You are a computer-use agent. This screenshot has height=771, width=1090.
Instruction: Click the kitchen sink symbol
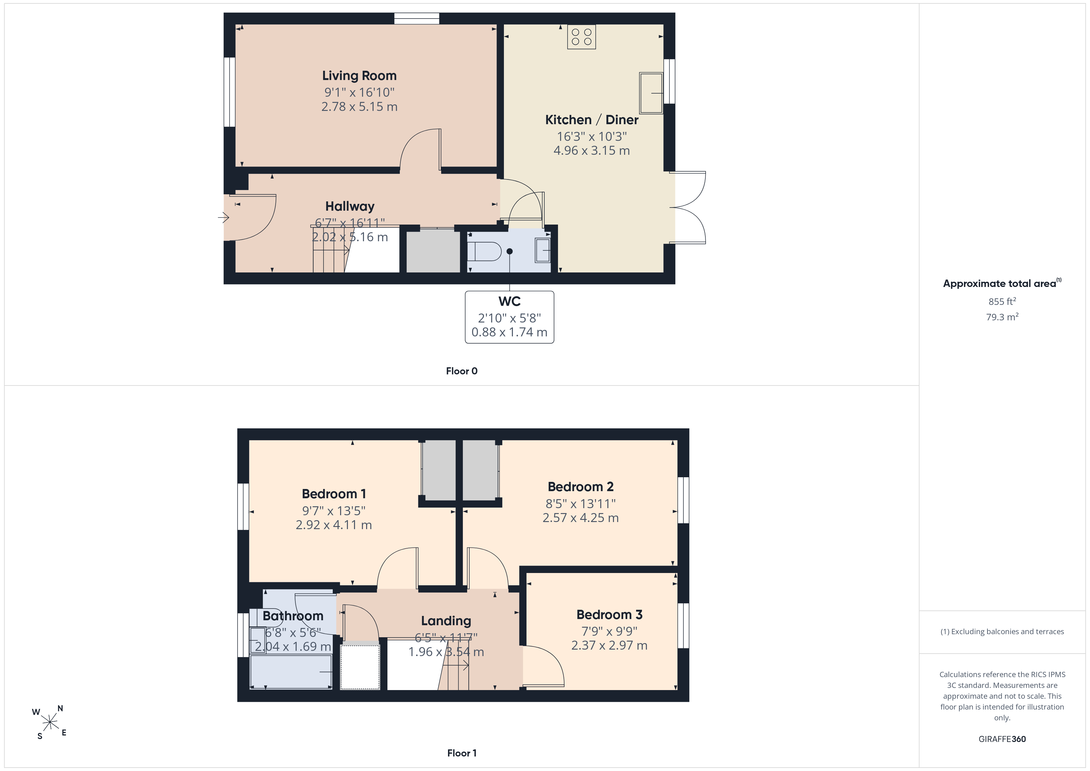[651, 93]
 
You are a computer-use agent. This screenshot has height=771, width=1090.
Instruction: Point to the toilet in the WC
[484, 252]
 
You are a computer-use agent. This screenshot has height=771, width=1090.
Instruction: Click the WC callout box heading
[509, 301]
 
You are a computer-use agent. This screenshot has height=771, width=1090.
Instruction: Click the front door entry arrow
[224, 218]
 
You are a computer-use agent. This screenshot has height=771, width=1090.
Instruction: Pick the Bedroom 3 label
[610, 614]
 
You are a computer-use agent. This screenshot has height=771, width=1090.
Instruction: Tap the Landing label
[446, 621]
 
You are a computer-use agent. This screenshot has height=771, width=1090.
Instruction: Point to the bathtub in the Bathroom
[291, 672]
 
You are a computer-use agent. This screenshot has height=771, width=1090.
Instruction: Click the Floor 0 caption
[462, 371]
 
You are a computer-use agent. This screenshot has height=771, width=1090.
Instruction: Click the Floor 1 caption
[462, 753]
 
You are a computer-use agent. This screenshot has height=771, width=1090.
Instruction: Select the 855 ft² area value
[1002, 301]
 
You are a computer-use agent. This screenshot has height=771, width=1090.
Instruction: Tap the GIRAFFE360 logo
[1002, 739]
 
